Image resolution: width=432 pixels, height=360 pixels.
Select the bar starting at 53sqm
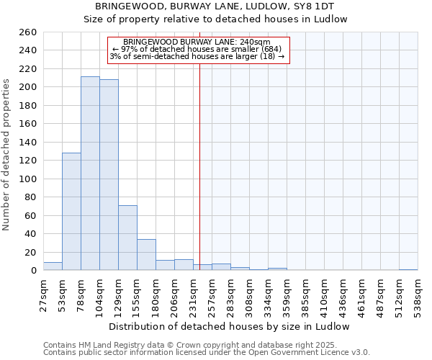click(x=71, y=212)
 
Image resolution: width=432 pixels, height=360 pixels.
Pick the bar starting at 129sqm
click(x=127, y=238)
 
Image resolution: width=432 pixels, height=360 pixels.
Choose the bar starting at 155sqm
click(x=146, y=255)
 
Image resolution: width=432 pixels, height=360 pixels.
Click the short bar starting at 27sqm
click(x=53, y=266)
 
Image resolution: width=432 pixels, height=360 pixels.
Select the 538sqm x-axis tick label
click(x=418, y=296)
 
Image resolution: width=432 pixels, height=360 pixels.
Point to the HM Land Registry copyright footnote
click(x=191, y=345)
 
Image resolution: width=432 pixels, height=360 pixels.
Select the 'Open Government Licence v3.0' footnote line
click(x=207, y=352)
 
